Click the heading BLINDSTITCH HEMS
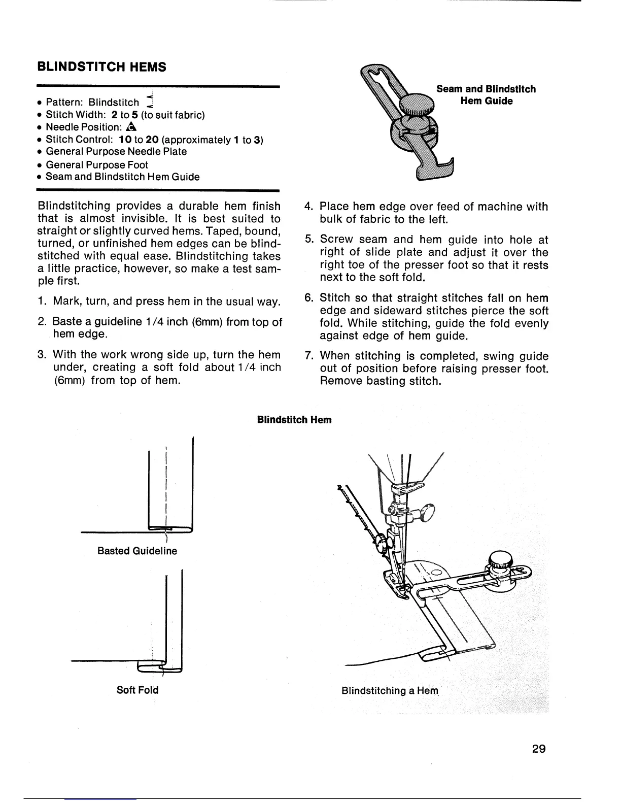click(x=102, y=66)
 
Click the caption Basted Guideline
click(x=137, y=551)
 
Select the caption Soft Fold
click(x=137, y=690)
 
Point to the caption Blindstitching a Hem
click(x=389, y=691)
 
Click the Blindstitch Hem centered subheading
click(x=294, y=420)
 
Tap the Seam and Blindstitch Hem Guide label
click(x=486, y=95)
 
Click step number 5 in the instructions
click(x=307, y=239)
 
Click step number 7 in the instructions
click(x=307, y=355)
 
